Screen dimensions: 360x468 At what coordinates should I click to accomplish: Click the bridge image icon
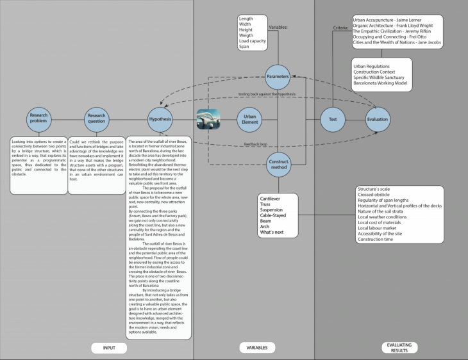click(x=209, y=119)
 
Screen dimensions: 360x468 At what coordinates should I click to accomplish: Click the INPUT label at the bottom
click(x=109, y=348)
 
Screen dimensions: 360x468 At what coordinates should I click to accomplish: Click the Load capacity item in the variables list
click(x=252, y=40)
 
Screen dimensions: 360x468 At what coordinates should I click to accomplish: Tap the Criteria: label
click(x=342, y=29)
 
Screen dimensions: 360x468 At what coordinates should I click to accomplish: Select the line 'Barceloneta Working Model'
click(x=383, y=85)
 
